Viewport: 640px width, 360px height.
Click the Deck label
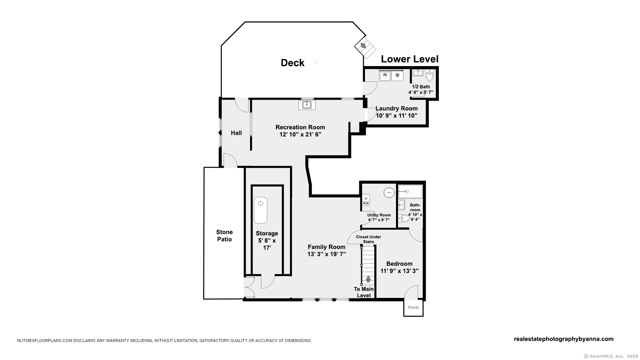[293, 63]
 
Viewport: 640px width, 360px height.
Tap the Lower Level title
[410, 59]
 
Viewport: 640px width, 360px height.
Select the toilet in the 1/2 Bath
[429, 75]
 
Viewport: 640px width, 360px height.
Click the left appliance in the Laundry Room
[385, 75]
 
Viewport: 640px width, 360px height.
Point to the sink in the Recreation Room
[307, 105]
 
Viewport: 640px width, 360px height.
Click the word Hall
[236, 133]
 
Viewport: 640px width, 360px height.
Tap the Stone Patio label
[224, 236]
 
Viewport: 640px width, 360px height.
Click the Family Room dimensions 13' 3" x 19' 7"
[327, 254]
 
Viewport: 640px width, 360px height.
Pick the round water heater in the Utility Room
[389, 193]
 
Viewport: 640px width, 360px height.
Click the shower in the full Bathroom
[410, 192]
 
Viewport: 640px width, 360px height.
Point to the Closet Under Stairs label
[369, 239]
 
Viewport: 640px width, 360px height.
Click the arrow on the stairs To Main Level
[368, 279]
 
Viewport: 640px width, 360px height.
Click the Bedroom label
[400, 264]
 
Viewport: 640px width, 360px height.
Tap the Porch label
[413, 308]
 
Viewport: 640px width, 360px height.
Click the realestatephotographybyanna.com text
[564, 339]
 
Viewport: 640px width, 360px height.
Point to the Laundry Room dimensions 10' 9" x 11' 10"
[397, 116]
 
